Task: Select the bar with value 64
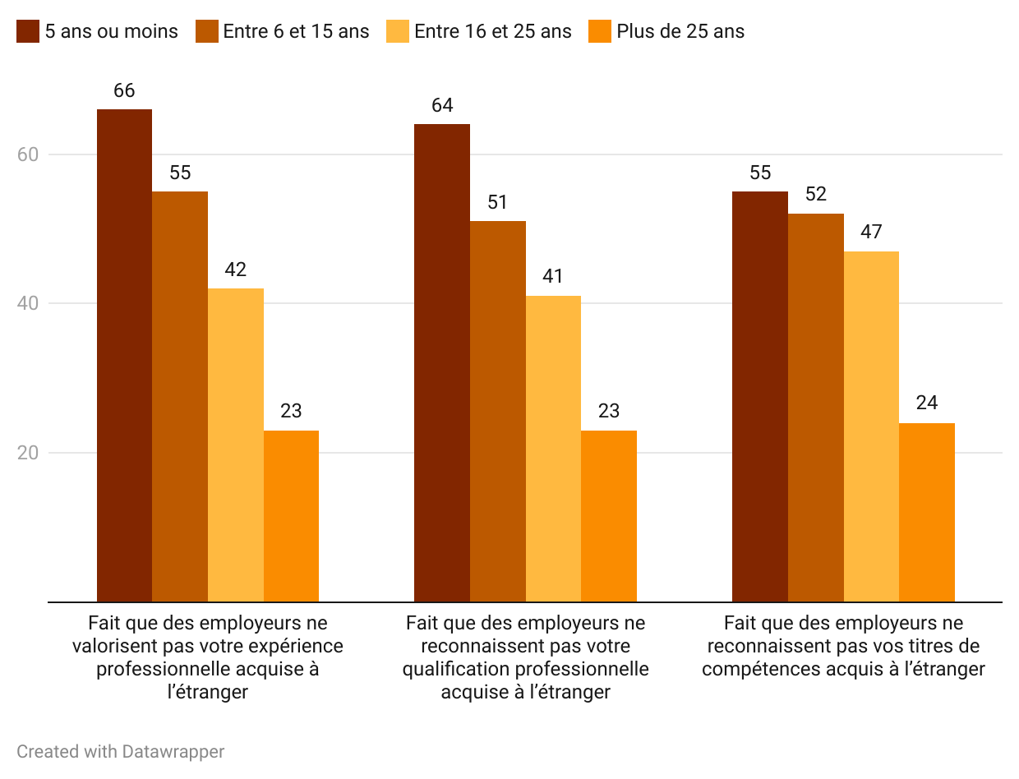point(441,362)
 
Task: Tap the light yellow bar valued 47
point(871,426)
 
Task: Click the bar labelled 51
point(497,411)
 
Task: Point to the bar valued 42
point(236,445)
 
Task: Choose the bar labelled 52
point(815,408)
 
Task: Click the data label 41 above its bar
point(553,276)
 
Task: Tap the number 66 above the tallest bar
point(124,90)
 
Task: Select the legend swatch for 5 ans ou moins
point(27,32)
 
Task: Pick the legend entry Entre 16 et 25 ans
point(492,32)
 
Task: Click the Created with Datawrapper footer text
point(121,751)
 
